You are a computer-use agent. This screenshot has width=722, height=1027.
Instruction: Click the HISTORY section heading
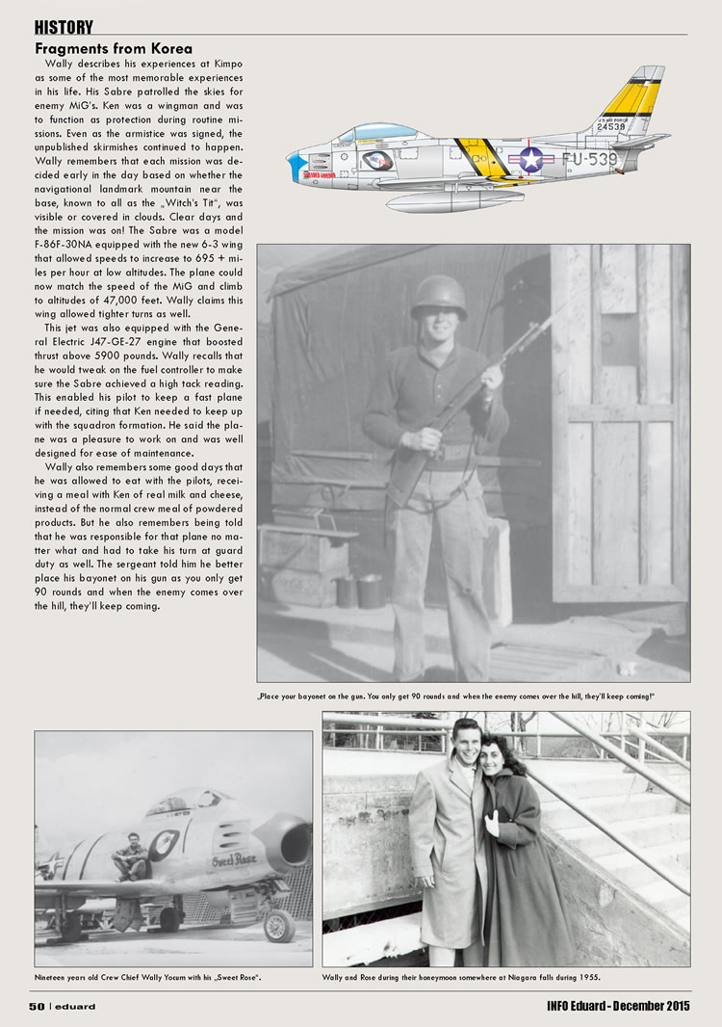click(64, 27)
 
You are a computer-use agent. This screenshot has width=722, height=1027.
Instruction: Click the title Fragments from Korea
click(114, 48)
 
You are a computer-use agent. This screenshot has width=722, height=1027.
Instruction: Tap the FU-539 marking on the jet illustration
click(589, 159)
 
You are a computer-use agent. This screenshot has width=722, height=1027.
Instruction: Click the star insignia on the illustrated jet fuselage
click(531, 159)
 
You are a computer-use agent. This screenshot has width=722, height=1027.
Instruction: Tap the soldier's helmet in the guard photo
click(438, 296)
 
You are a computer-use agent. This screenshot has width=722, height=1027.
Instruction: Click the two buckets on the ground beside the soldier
click(358, 591)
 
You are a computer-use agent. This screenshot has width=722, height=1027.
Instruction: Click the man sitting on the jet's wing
click(130, 856)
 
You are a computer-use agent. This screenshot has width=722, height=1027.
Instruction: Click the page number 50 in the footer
click(37, 1007)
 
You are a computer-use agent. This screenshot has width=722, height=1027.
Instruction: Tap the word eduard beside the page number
click(76, 1007)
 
